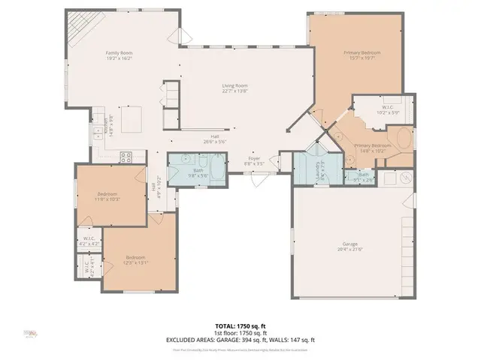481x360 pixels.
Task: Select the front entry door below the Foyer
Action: tap(259, 173)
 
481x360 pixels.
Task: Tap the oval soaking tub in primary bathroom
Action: tap(404, 139)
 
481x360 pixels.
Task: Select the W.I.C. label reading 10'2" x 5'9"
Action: tap(389, 109)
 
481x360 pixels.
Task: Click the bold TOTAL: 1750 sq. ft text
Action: tap(240, 326)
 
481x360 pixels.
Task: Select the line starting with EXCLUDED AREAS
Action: tap(240, 340)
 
